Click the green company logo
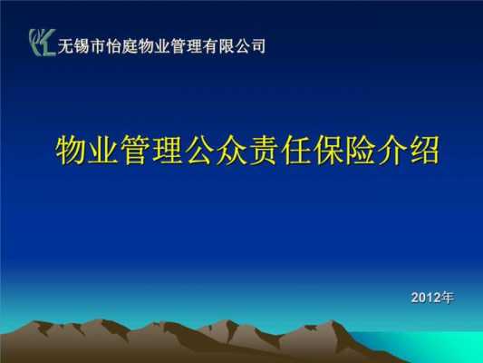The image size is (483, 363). (x=43, y=43)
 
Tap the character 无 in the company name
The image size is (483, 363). (x=65, y=46)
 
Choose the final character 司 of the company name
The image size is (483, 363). (x=257, y=46)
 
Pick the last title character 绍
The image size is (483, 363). (x=424, y=151)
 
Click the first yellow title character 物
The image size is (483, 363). (x=71, y=151)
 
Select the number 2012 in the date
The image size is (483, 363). (x=426, y=298)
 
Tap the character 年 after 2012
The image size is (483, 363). (x=448, y=298)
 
